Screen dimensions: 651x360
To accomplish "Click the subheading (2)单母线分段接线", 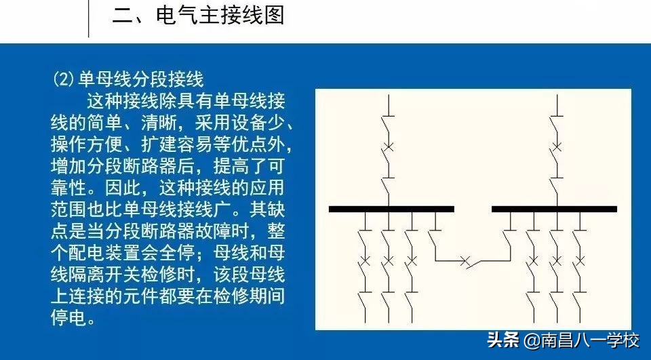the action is point(128,79).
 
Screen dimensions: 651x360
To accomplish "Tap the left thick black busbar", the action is point(391,209).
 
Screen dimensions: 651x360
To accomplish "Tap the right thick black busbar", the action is point(554,209).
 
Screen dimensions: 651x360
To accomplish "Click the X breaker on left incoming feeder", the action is point(387,146).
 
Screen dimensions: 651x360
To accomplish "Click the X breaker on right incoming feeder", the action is point(556,146).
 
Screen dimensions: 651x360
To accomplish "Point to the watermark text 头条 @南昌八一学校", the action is point(563,340).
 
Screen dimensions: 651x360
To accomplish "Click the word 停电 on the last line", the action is point(70,318).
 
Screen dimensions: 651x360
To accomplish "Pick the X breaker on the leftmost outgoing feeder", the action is point(365,260).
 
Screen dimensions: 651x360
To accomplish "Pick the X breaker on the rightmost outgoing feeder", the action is point(578,260).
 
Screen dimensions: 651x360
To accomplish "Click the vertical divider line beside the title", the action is point(90,18).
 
